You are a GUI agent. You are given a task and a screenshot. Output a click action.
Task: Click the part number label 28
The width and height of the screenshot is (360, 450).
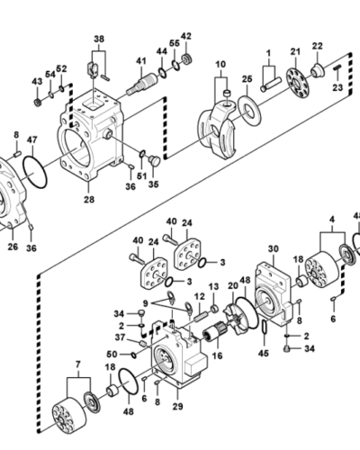(x=89, y=200)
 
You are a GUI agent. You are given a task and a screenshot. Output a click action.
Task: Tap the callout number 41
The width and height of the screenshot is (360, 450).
(x=141, y=61)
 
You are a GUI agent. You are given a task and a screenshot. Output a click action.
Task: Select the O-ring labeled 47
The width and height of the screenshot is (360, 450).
(x=35, y=172)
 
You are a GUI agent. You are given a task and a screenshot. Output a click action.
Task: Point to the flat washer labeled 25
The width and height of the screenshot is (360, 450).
(x=249, y=110)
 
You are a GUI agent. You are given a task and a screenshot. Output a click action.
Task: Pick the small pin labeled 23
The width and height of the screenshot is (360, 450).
(x=337, y=68)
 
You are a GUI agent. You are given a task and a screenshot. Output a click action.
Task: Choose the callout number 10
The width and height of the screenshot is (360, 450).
(x=220, y=64)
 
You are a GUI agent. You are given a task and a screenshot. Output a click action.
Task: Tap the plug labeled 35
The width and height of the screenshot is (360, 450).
(x=155, y=160)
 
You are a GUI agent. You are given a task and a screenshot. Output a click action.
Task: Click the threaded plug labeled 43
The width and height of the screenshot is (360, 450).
(x=38, y=103)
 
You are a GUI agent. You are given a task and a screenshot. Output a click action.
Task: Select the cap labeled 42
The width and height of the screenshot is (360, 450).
(x=187, y=58)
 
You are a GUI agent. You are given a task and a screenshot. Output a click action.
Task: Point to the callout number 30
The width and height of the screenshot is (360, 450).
(x=273, y=248)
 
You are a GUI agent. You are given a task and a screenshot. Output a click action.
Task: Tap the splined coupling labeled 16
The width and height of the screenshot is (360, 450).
(x=213, y=334)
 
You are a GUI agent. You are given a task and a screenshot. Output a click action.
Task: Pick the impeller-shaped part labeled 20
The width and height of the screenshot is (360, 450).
(x=238, y=319)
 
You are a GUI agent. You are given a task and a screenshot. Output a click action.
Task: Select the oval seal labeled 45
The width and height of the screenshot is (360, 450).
(x=265, y=327)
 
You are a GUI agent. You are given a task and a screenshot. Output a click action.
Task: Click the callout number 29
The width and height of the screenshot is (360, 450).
(x=177, y=407)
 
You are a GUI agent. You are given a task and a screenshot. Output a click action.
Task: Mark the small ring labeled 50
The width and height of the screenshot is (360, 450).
(x=133, y=355)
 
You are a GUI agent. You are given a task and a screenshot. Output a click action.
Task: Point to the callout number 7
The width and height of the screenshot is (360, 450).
(x=78, y=364)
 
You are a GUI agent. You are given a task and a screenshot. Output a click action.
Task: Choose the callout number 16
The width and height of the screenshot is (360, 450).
(x=217, y=355)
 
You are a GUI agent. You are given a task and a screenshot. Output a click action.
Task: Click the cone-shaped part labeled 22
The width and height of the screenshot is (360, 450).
(x=317, y=70)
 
